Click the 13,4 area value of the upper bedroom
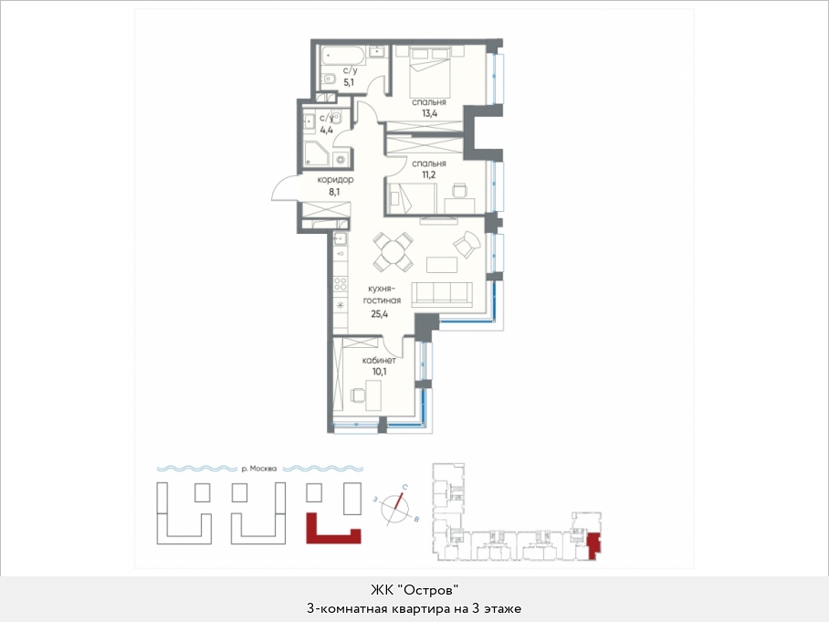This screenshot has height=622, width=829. [x=429, y=113]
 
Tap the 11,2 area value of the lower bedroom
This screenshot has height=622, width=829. [x=429, y=174]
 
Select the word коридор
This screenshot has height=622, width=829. [x=335, y=180]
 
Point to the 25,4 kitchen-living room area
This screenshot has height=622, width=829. [x=379, y=313]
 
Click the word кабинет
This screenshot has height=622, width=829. [x=379, y=360]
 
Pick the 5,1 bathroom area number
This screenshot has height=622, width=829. [x=349, y=82]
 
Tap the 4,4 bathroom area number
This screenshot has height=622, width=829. [x=326, y=130]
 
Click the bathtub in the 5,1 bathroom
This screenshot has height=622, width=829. [x=342, y=55]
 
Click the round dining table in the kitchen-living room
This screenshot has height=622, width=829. [x=393, y=251]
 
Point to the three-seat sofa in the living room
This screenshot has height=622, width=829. [x=442, y=294]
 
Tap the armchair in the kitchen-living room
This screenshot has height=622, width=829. [x=467, y=245]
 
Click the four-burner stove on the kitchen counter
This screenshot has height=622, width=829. [x=341, y=284]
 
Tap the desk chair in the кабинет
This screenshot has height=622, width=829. [x=357, y=395]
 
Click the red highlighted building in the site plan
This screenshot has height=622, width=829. [x=333, y=529]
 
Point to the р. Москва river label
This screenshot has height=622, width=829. [x=259, y=469]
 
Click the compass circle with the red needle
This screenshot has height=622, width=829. [x=395, y=508]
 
